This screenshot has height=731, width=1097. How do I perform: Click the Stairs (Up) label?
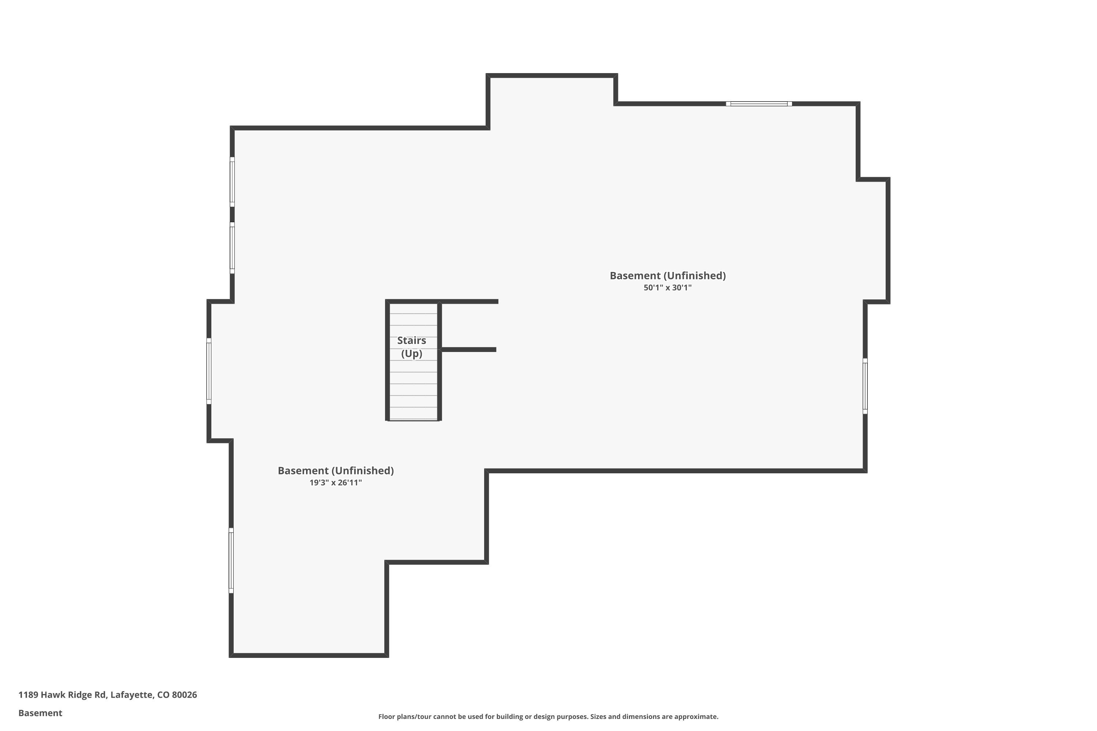tap(411, 347)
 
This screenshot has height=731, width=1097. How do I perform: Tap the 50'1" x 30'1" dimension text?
tap(667, 288)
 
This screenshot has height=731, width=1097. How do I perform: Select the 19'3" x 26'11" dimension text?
tap(335, 482)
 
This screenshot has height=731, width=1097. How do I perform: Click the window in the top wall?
tap(758, 103)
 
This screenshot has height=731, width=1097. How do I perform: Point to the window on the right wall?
tap(865, 386)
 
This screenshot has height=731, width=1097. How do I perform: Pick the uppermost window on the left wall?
tap(232, 182)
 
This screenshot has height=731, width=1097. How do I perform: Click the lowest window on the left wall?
tap(231, 560)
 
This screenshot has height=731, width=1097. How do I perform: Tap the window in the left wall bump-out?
tap(209, 371)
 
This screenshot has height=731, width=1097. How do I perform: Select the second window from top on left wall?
tap(232, 248)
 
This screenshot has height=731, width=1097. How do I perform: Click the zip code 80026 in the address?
tap(184, 695)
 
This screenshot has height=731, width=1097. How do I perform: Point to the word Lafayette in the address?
tap(132, 695)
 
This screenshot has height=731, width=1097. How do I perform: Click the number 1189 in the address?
tap(28, 695)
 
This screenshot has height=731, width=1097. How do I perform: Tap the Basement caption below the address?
tap(40, 713)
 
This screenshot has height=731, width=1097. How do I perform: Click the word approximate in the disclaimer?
tap(695, 716)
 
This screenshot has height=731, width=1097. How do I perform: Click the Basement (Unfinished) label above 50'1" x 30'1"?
tap(667, 276)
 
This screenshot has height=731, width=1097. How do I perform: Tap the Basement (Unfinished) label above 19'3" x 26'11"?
tap(335, 470)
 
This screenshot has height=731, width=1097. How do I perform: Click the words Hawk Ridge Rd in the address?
tap(74, 695)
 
